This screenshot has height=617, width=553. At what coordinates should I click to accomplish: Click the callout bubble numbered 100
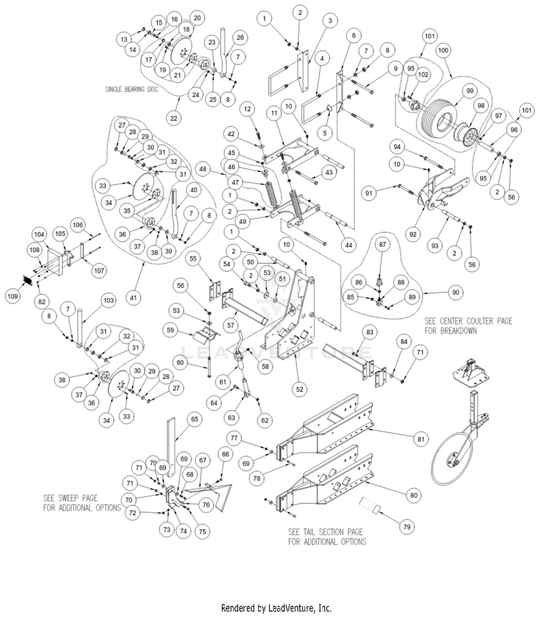tap(443, 50)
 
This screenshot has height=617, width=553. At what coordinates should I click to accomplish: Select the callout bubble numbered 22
tap(174, 118)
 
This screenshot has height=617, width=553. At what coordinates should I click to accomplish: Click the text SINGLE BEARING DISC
tap(132, 89)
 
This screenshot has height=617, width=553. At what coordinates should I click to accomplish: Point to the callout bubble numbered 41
tap(133, 297)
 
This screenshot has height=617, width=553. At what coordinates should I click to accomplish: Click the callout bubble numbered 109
tap(13, 296)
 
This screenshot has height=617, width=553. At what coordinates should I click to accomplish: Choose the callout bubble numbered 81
tap(421, 439)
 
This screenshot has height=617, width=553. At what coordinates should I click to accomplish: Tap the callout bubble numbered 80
tap(414, 495)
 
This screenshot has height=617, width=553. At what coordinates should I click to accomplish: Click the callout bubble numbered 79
tap(407, 527)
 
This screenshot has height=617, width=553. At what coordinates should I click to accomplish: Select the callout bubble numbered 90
tap(456, 292)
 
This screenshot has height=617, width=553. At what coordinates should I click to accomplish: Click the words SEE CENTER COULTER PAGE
tap(468, 321)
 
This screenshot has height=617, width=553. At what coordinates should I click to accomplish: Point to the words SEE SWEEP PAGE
tap(70, 498)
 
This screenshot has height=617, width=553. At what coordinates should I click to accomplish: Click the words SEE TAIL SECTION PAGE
tap(325, 532)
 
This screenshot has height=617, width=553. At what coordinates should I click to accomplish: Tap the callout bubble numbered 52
tap(299, 389)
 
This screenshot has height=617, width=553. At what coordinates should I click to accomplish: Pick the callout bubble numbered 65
tap(195, 419)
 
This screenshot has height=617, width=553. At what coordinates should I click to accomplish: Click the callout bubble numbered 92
tap(413, 234)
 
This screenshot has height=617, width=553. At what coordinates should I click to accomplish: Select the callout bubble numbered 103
tap(108, 300)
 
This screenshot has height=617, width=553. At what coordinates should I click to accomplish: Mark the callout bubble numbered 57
tap(231, 325)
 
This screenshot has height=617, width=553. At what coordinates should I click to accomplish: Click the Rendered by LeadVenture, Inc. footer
tap(276, 608)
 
